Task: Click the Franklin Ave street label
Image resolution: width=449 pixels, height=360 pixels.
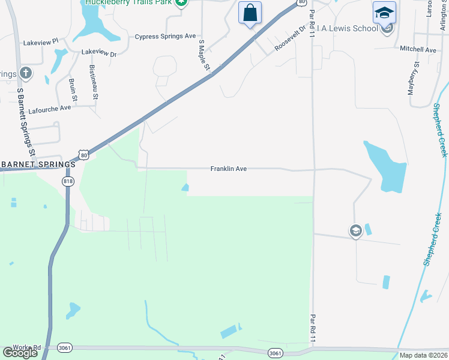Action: (228, 169)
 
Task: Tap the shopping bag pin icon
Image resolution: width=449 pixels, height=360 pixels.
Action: (250, 13)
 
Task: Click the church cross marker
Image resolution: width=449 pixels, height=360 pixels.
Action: (25, 73)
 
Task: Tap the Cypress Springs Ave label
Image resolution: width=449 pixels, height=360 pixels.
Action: (165, 37)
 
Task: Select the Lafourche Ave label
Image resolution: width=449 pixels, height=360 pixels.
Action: (49, 108)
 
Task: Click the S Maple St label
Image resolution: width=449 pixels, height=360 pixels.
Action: (204, 56)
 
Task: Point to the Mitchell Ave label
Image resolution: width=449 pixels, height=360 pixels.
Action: (418, 50)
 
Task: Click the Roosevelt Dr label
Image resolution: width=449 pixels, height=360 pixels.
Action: (291, 37)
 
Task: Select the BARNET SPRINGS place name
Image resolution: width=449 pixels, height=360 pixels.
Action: (39, 164)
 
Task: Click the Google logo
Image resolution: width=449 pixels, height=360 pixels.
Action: (20, 353)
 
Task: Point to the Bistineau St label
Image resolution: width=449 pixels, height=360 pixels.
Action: (94, 81)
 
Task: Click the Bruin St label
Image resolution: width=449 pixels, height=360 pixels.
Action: (73, 89)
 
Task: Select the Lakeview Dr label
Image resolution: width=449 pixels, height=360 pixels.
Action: (98, 53)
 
